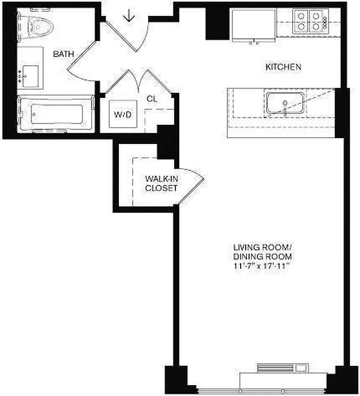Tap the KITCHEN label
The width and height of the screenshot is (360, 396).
283,67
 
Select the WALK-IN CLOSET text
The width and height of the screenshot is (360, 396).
161,183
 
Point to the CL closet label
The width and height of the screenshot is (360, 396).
152,99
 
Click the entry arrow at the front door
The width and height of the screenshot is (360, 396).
129,16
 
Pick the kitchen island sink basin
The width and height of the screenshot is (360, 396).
286,103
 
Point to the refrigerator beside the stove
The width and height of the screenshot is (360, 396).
254,25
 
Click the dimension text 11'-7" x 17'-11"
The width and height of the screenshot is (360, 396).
261,266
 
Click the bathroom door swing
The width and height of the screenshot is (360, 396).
82,62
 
